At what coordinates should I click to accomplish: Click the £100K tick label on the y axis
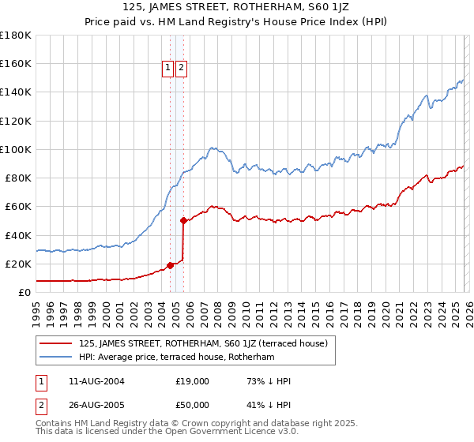point(15,149)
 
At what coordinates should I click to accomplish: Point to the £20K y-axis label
point(17,264)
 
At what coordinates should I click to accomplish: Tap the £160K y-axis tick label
point(15,64)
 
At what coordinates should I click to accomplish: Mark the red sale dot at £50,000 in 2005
point(183,221)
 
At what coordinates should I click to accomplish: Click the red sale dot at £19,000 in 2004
point(170,265)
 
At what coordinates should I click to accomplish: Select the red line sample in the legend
point(56,343)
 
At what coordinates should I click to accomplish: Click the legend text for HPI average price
point(176,357)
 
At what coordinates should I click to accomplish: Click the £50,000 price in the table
point(192,406)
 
